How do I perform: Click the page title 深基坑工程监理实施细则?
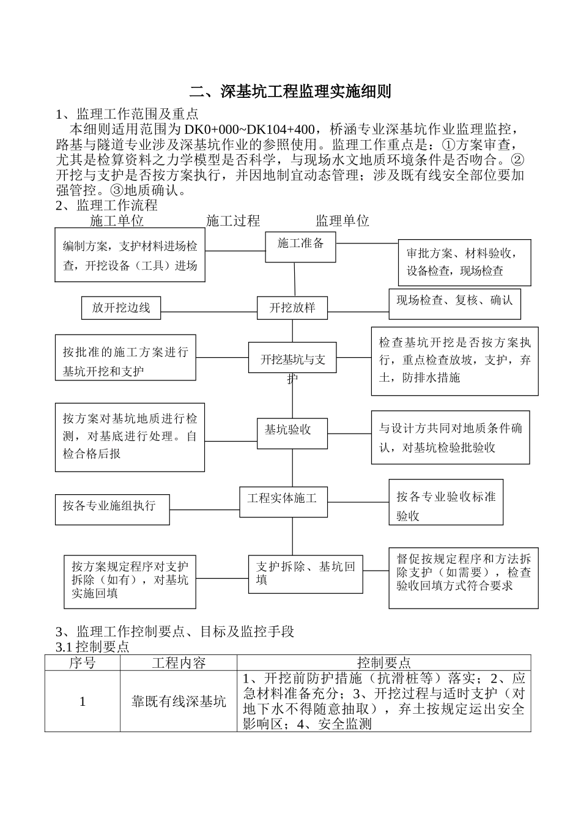[290, 92]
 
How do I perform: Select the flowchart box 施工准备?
[300, 246]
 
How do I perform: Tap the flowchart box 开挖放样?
[292, 307]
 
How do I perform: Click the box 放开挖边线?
[121, 308]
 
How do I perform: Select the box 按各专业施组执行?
[112, 509]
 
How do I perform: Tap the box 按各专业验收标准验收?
[446, 502]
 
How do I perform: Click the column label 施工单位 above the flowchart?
[117, 221]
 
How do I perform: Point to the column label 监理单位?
[342, 221]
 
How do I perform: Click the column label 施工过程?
[233, 221]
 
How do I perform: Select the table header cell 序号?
[83, 662]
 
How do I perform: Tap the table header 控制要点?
[383, 662]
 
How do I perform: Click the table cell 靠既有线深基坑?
[179, 701]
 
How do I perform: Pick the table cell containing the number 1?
[83, 701]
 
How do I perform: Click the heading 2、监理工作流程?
[106, 206]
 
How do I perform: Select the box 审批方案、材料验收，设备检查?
[464, 262]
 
